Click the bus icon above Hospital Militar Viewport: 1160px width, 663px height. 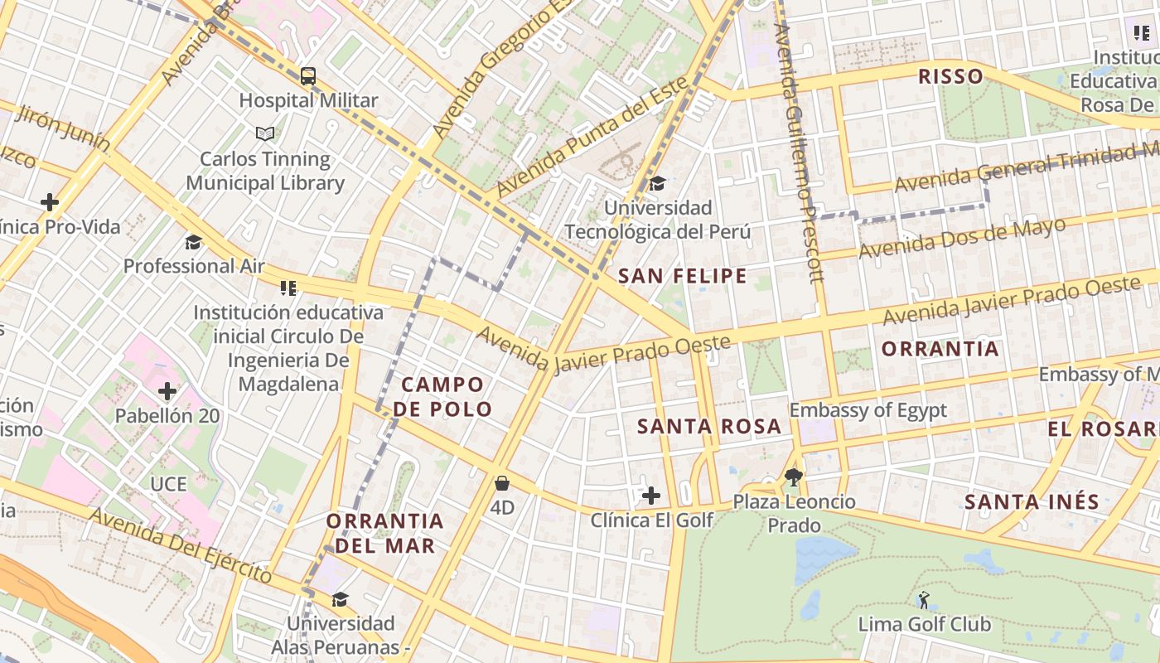pyautogui.click(x=308, y=76)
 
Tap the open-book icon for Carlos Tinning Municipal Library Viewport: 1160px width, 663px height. pyautogui.click(x=264, y=133)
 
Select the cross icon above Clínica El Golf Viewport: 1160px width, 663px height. pyautogui.click(x=651, y=496)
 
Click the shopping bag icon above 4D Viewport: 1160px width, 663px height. pyautogui.click(x=502, y=483)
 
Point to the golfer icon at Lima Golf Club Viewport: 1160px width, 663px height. pyautogui.click(x=924, y=599)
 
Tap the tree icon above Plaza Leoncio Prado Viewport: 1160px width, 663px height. pyautogui.click(x=794, y=477)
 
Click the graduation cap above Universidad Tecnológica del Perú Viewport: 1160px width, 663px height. pyautogui.click(x=657, y=183)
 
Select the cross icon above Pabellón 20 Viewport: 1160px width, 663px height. pyautogui.click(x=167, y=390)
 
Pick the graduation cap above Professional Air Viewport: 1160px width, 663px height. pyautogui.click(x=193, y=242)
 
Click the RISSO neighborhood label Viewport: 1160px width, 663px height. pyautogui.click(x=950, y=77)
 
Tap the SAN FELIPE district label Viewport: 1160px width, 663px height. pyautogui.click(x=683, y=276)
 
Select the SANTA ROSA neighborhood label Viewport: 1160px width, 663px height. pyautogui.click(x=708, y=427)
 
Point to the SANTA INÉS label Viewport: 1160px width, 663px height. pyautogui.click(x=1032, y=501)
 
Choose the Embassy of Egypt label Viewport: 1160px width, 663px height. pyautogui.click(x=868, y=410)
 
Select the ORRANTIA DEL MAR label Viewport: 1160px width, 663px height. pyautogui.click(x=384, y=533)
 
